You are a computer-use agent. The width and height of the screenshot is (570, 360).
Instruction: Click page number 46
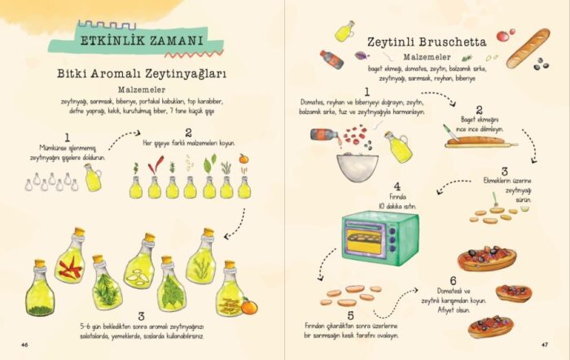tap(25, 345)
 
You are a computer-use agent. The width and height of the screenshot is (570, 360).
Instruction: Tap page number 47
tap(544, 345)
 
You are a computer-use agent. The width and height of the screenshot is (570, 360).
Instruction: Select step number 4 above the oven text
tap(397, 187)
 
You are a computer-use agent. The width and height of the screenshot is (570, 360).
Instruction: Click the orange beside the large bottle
tap(248, 306)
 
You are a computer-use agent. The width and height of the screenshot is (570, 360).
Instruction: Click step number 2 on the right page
tap(480, 109)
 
